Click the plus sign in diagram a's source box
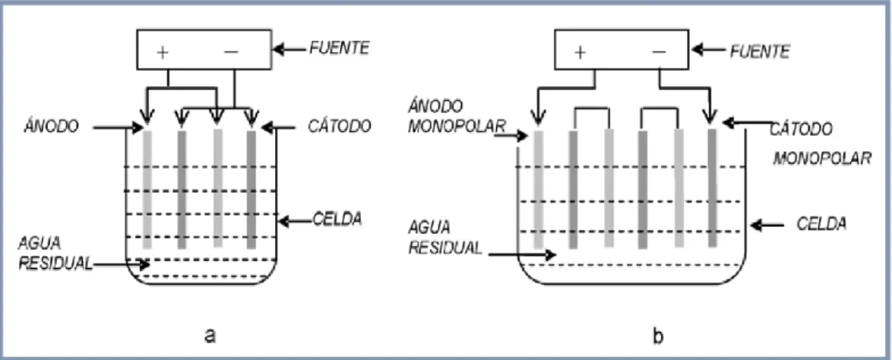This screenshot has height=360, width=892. [x=163, y=52]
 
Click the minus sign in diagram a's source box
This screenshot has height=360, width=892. [x=231, y=52]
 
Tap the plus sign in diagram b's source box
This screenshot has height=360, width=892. [x=580, y=52]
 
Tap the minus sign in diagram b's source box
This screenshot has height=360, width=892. [x=659, y=52]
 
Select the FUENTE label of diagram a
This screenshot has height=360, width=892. [x=339, y=48]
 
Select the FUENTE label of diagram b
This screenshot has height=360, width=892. [x=759, y=52]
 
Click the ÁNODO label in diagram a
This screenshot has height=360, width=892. [x=51, y=126]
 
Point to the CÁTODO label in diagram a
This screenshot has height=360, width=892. [x=339, y=125]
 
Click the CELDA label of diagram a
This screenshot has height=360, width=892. [x=338, y=219]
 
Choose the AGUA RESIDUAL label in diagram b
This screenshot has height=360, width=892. [x=445, y=237]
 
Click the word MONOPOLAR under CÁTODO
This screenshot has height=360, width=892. [x=822, y=157]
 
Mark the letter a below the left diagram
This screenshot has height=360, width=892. [x=210, y=336]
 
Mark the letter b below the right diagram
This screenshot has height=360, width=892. [x=658, y=336]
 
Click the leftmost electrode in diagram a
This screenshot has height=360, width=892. [x=147, y=189]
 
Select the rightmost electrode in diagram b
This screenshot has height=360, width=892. [x=712, y=188]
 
